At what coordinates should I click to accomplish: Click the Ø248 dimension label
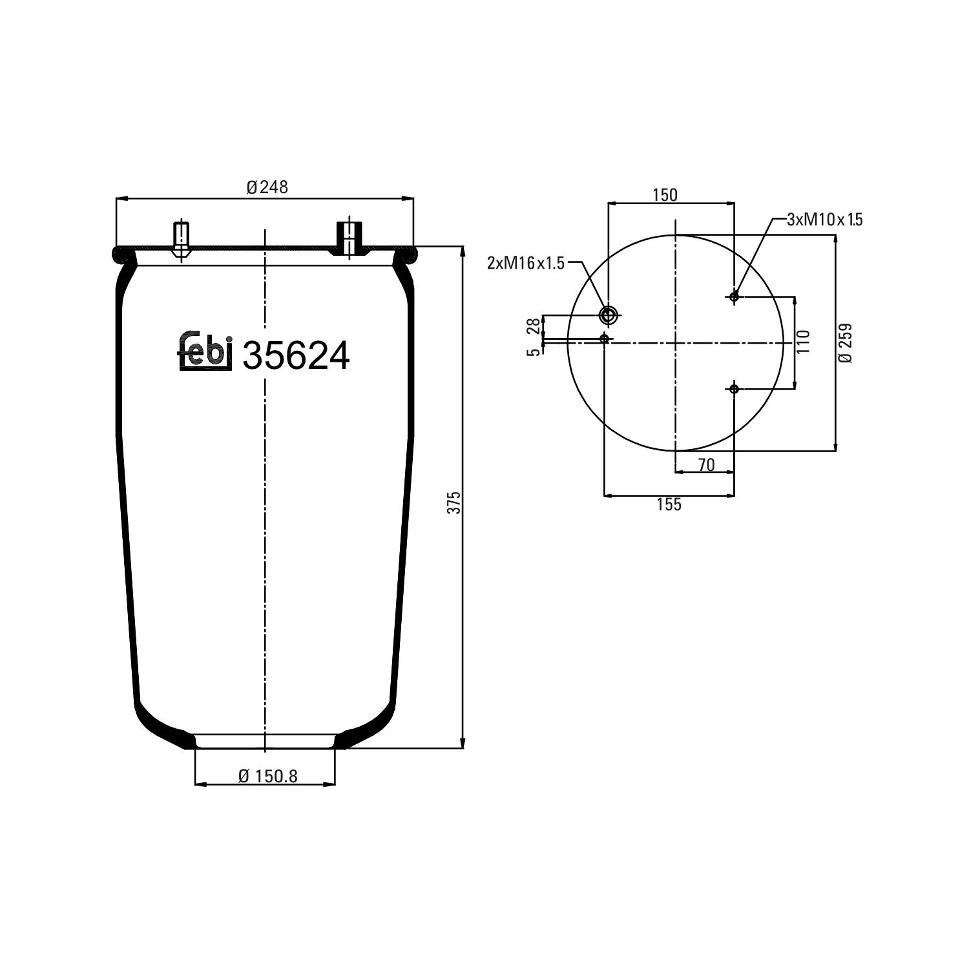267,187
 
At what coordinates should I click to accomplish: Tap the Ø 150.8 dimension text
267,776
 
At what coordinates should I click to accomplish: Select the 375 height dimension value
454,502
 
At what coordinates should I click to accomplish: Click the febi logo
205,352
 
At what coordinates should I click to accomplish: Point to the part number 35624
296,356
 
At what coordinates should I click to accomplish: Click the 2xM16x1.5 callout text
526,263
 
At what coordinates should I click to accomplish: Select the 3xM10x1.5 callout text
825,220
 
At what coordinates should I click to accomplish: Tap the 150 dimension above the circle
665,195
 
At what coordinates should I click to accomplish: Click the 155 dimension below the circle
669,505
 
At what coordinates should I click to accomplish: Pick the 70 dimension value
707,464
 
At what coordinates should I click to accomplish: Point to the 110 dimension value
803,342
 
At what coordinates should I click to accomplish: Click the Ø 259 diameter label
846,343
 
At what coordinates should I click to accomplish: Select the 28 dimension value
534,326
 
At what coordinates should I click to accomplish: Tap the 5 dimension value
534,352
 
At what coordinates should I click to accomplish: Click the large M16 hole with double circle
608,315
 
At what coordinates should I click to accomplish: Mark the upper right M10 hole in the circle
734,297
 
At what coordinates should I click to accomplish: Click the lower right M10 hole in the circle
734,389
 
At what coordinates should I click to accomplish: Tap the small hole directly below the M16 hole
605,338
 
